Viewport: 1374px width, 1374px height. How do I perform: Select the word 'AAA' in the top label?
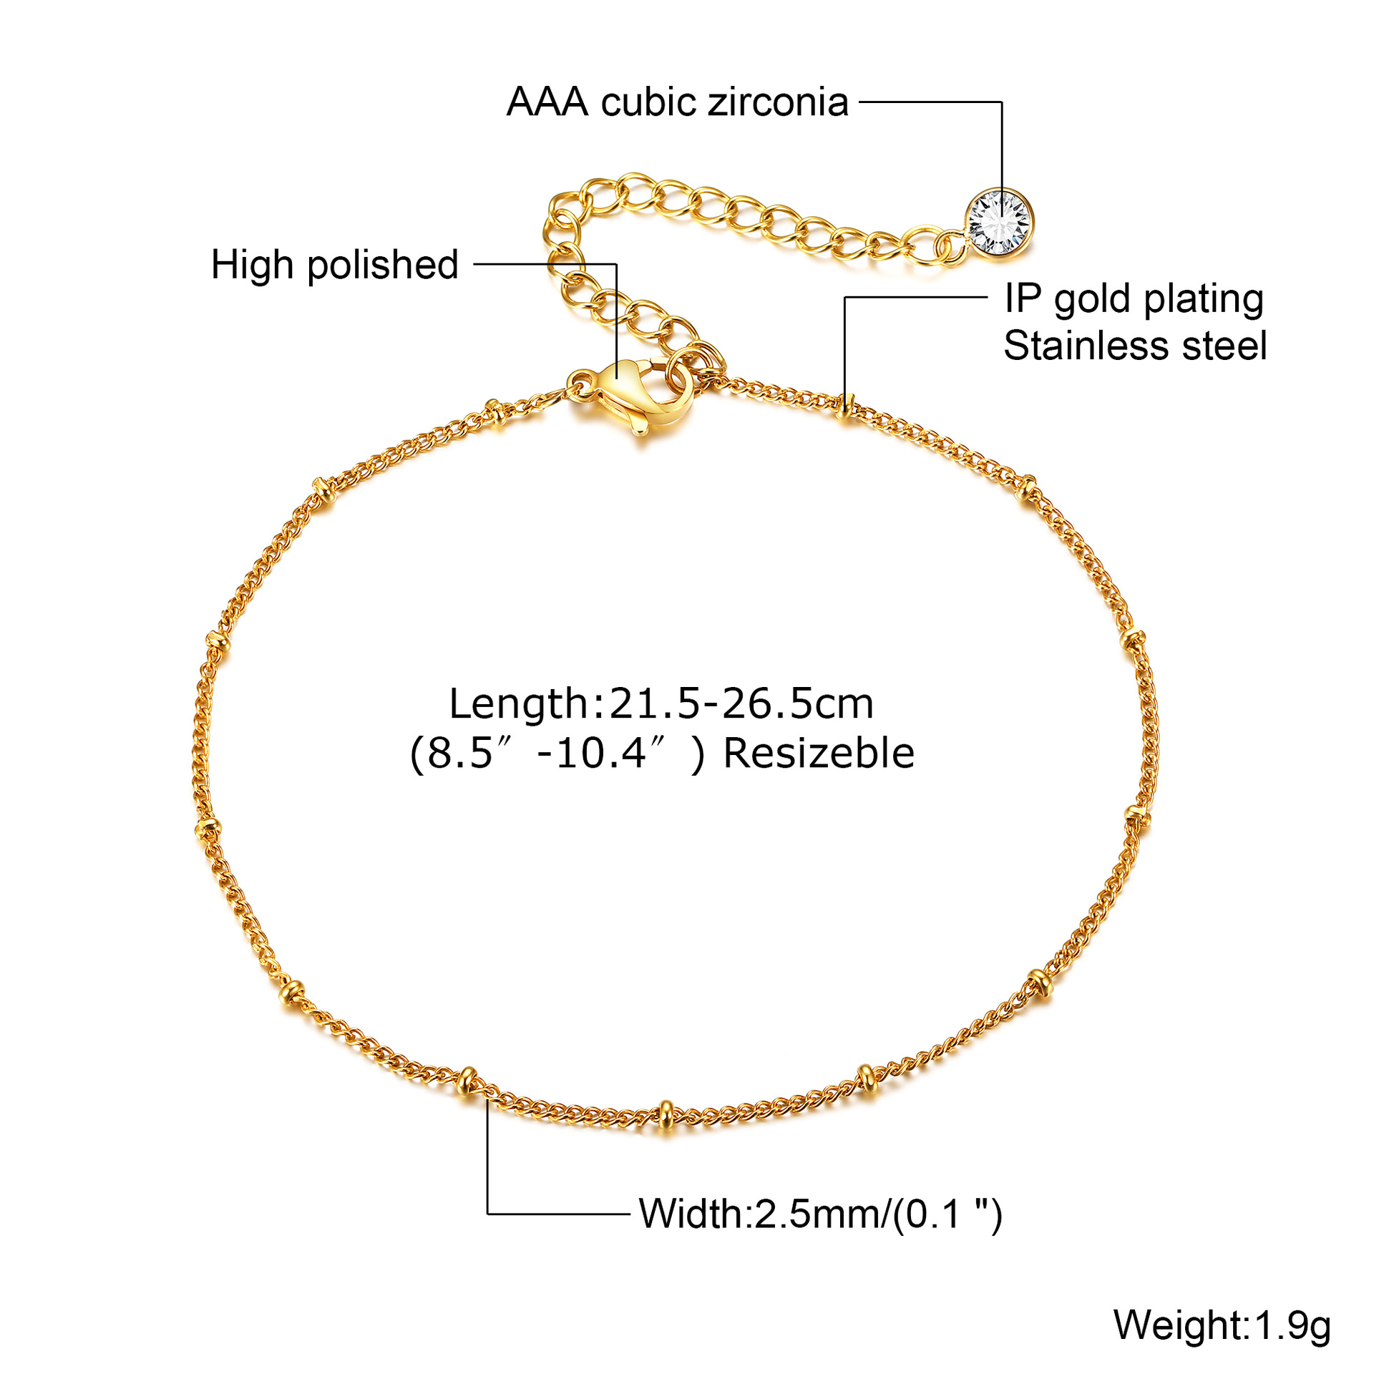point(547,102)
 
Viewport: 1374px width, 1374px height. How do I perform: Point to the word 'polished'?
point(383,265)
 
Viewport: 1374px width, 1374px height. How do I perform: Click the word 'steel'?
point(1224,346)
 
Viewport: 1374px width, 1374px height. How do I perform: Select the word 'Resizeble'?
point(819,754)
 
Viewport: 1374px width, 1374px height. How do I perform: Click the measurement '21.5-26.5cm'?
point(741,703)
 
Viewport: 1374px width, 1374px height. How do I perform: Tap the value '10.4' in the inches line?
point(601,754)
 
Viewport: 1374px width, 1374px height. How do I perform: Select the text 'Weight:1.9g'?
point(1222,1325)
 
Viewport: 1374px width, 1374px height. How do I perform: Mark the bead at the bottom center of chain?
point(666,1112)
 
